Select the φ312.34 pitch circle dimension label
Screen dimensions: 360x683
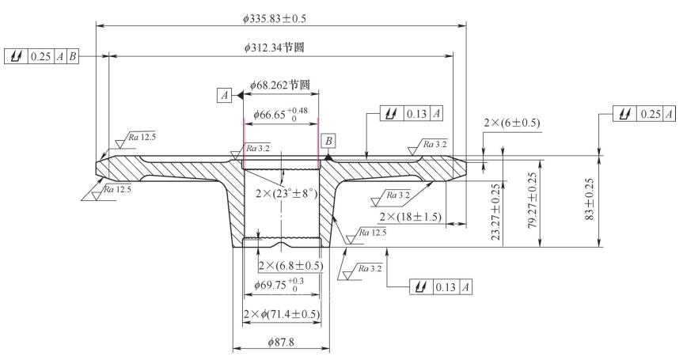point(275,47)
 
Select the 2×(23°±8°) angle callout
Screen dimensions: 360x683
point(286,191)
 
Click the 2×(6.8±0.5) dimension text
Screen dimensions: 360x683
point(291,264)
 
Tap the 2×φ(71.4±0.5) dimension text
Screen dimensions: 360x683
point(281,314)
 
